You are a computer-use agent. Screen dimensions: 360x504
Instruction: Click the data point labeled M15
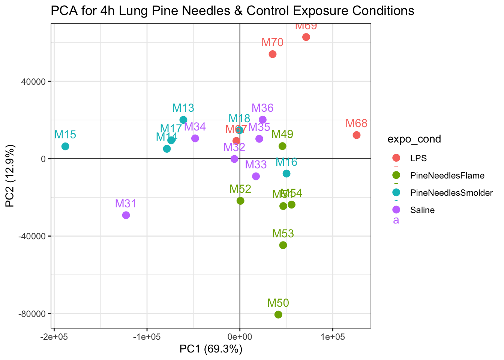[x=65, y=146]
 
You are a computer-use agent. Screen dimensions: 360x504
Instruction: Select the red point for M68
[x=357, y=135]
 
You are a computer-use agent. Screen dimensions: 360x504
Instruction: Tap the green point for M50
[x=278, y=315]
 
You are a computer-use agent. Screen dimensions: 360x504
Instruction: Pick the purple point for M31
[x=126, y=215]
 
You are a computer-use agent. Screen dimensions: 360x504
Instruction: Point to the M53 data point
[x=283, y=245]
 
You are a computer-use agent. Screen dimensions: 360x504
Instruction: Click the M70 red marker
[x=273, y=54]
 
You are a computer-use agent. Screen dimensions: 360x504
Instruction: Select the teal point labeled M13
[x=183, y=120]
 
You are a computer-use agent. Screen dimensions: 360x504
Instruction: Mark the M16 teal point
[x=286, y=174]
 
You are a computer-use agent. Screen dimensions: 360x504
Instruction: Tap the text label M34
[x=195, y=127]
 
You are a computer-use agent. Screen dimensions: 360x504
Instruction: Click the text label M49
[x=282, y=134]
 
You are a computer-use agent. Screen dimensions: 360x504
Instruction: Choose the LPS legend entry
[x=418, y=158]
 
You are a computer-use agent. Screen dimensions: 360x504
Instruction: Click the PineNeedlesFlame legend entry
[x=447, y=175]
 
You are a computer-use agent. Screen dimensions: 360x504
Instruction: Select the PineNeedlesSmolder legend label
[x=451, y=193]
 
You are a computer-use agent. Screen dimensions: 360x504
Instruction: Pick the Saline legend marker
[x=396, y=210]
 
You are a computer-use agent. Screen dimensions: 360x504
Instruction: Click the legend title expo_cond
[x=414, y=139]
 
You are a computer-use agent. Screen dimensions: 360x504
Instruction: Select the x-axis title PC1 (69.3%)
[x=211, y=349]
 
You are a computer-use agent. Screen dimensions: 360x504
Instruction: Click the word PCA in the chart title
[x=63, y=11]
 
